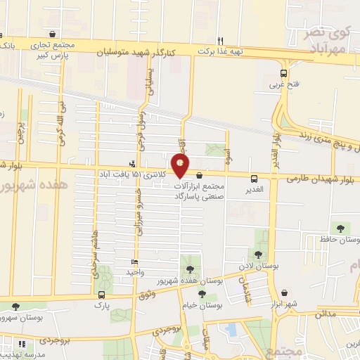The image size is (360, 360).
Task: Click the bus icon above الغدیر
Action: pos(255,179)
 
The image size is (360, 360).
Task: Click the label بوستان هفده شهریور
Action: pos(189,281)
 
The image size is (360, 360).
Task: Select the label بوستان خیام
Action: pos(202,306)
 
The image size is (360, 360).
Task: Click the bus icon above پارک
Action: pos(103,295)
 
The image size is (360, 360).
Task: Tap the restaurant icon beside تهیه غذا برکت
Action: pos(220,41)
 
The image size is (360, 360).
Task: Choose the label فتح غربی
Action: pos(283,84)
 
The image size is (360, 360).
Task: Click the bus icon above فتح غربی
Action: pos(283,73)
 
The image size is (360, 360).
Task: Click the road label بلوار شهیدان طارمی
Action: pos(319,179)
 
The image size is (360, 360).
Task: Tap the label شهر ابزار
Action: pos(283,305)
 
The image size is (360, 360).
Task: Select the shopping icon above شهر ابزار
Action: pos(283,294)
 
